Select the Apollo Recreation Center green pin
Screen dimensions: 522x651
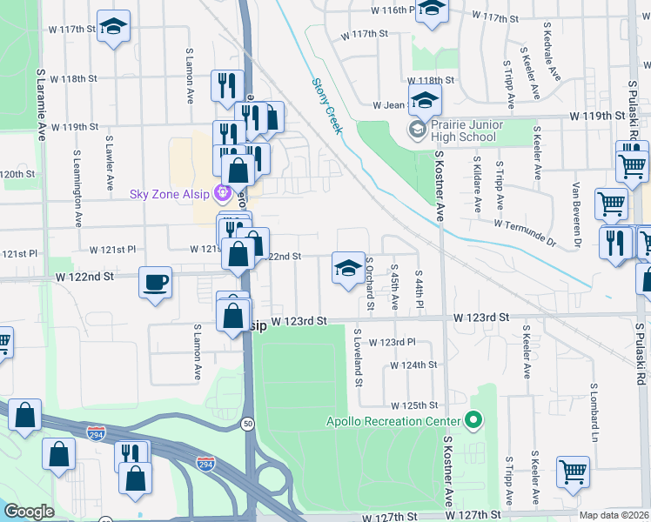point(473,422)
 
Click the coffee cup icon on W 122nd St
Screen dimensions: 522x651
point(155,284)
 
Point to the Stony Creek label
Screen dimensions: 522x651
point(328,106)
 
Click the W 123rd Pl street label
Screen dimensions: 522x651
point(397,343)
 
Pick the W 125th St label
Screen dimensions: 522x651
point(413,405)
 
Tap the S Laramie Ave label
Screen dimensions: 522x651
point(41,106)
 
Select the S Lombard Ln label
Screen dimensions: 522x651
point(596,409)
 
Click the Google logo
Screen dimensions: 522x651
point(29,512)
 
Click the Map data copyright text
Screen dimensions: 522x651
point(614,515)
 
